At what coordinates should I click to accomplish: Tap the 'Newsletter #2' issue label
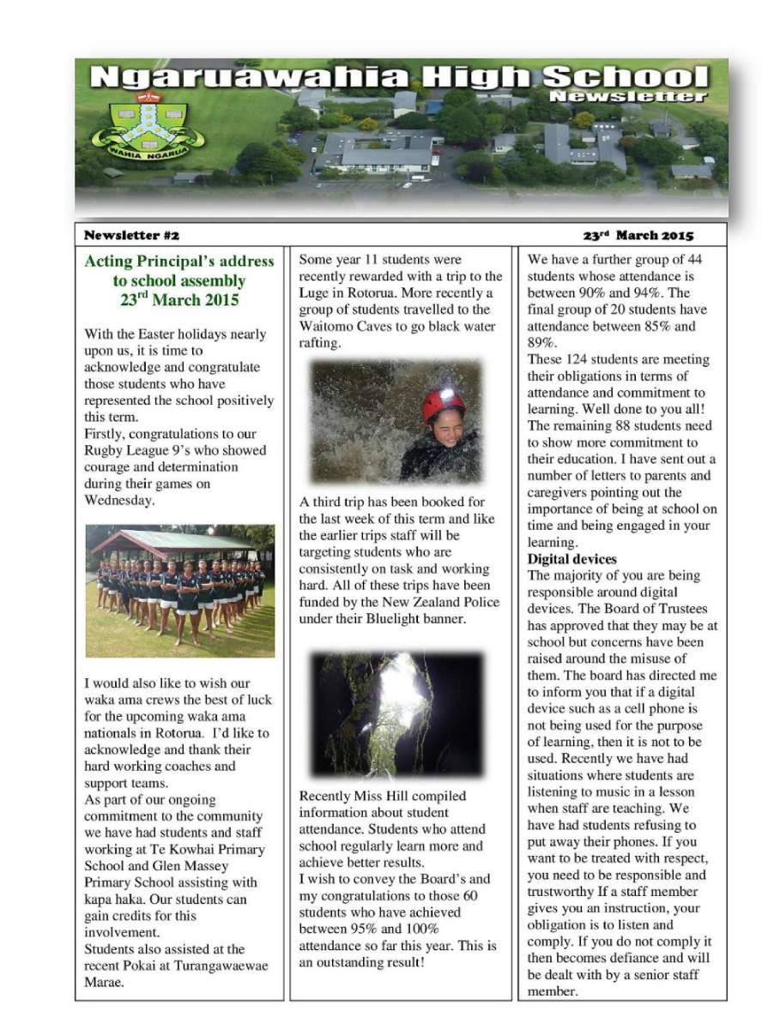pos(131,235)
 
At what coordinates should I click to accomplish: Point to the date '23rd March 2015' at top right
pos(638,235)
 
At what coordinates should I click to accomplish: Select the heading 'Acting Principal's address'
pos(179,262)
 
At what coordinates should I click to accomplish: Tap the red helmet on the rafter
pos(443,404)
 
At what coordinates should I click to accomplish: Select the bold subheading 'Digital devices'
pos(571,559)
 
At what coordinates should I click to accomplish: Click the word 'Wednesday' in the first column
pos(118,500)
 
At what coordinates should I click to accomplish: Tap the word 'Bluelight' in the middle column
pos(384,618)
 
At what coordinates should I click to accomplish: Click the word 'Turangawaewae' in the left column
pos(227,966)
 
